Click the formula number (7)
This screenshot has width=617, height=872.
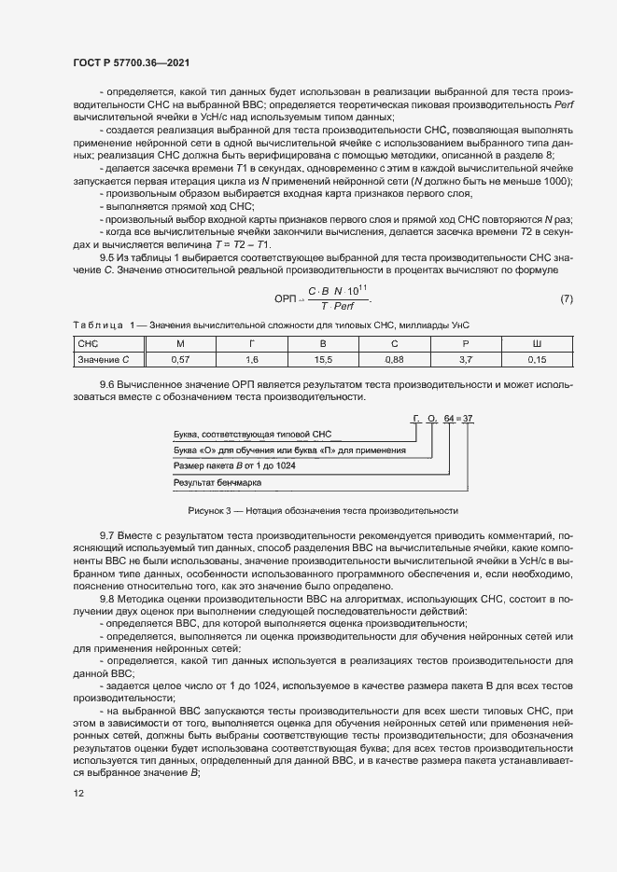pos(566,299)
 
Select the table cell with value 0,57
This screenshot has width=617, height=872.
pos(183,358)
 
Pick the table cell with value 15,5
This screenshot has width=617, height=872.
pos(323,358)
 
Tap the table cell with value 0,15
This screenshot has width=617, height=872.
pos(536,358)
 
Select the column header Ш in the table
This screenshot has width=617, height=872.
pos(536,344)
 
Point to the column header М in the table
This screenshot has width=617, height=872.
pos(183,344)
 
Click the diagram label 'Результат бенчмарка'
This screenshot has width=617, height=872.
pos(217,482)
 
